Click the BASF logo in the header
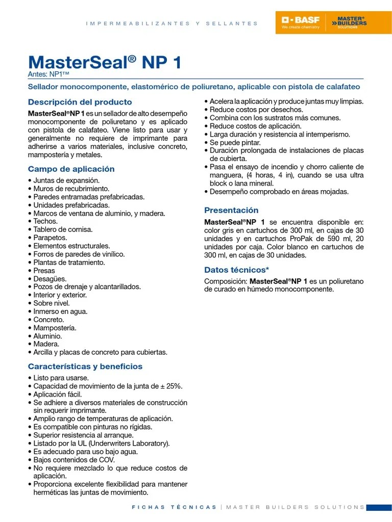(x=301, y=22)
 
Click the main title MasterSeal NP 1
(x=105, y=62)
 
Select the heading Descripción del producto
(x=80, y=102)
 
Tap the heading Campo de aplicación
(x=71, y=169)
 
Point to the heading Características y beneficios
(x=85, y=366)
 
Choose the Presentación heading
(x=231, y=210)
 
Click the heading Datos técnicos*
(x=236, y=270)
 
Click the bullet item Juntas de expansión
(x=66, y=180)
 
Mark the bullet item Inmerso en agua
(x=60, y=311)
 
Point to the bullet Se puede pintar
(x=235, y=143)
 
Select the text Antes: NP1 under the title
(x=48, y=74)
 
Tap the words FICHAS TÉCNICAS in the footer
(x=174, y=507)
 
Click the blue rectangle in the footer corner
(x=379, y=507)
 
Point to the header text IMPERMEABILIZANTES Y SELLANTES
(x=172, y=23)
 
